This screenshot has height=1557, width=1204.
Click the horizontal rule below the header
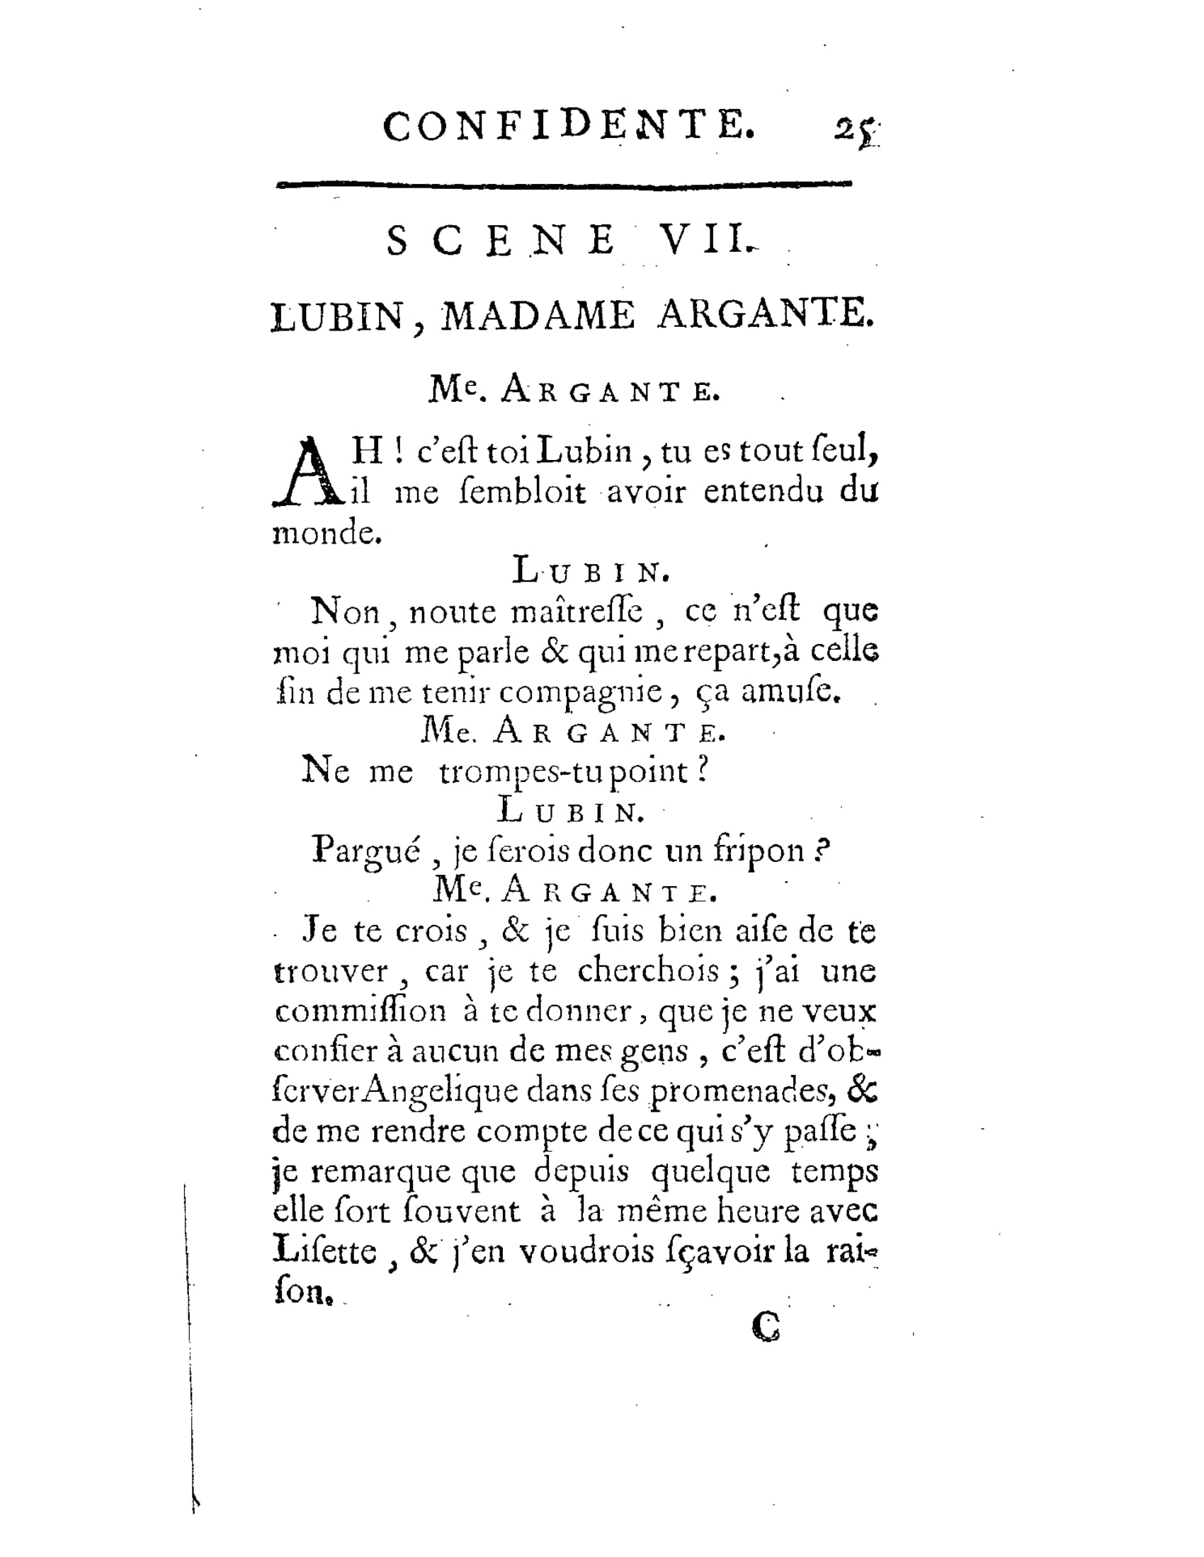pos(564,184)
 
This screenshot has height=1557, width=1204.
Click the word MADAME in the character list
pos(537,316)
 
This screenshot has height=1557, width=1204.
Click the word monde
pos(326,532)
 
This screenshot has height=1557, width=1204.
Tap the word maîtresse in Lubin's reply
pos(578,611)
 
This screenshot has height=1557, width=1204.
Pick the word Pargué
pos(365,851)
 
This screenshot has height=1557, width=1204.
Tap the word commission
pos(361,1011)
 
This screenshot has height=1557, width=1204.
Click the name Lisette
pos(325,1252)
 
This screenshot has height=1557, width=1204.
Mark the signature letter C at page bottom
pos(766,1327)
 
